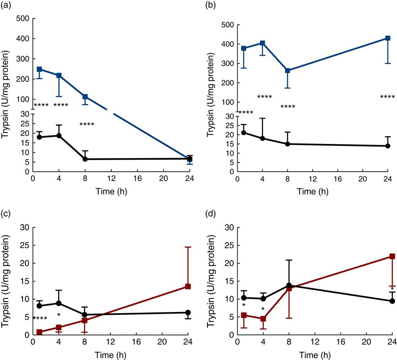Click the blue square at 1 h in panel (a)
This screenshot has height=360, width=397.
39,69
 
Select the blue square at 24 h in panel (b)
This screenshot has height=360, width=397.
388,38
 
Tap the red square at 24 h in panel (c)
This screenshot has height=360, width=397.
188,286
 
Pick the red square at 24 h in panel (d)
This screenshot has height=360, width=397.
392,256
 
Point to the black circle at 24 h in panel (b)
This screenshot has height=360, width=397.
388,146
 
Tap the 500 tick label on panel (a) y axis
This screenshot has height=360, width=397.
22,19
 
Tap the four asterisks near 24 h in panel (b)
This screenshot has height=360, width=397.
388,97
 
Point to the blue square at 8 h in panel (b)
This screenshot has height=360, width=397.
288,71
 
